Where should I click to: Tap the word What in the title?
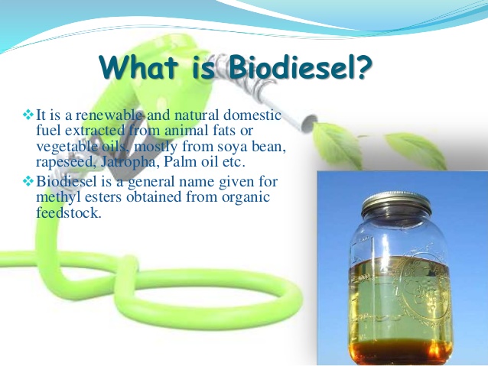pyautogui.click(x=138, y=67)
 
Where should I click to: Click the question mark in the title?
pyautogui.click(x=363, y=67)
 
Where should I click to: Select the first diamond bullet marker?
pyautogui.click(x=28, y=115)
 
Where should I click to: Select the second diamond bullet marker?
pyautogui.click(x=28, y=181)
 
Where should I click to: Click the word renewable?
pyautogui.click(x=109, y=115)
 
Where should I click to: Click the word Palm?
pyautogui.click(x=176, y=162)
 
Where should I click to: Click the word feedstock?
pyautogui.click(x=69, y=212)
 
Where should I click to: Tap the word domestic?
pyautogui.click(x=252, y=115)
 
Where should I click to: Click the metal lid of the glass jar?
pyautogui.click(x=396, y=203)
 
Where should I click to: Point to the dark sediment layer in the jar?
pyautogui.click(x=400, y=351)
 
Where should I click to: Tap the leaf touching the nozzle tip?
pyautogui.click(x=337, y=144)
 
